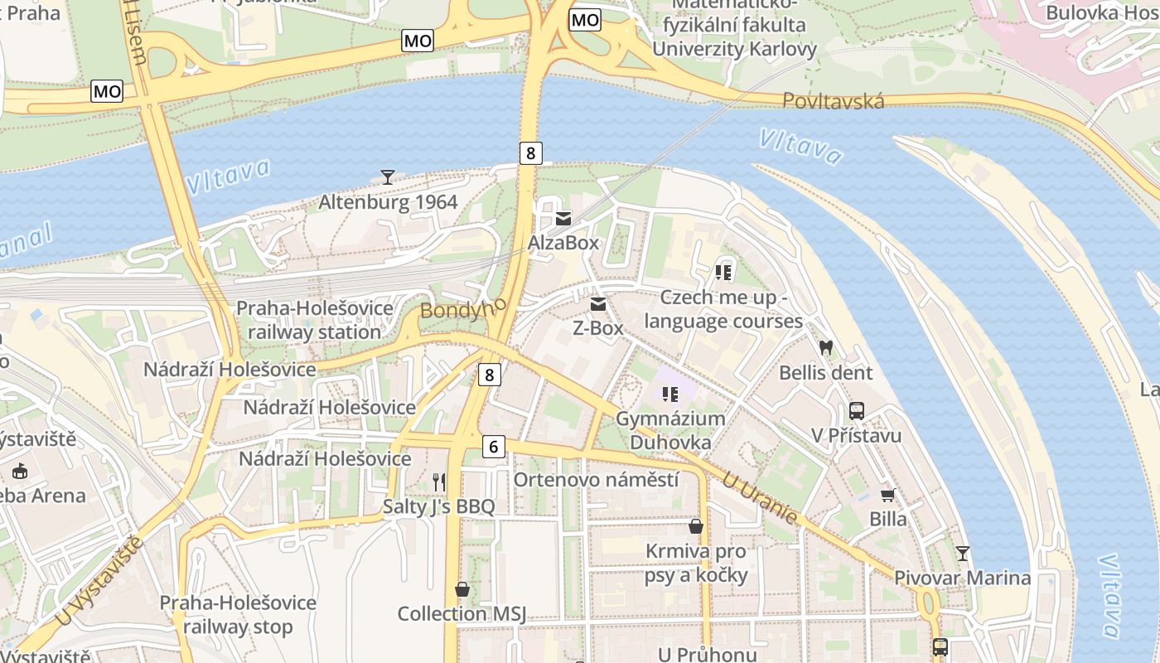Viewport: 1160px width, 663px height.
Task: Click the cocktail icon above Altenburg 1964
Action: click(387, 177)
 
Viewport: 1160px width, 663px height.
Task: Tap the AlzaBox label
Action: click(563, 243)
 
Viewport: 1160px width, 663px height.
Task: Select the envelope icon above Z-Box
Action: click(597, 304)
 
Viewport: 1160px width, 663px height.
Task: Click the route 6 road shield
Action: click(493, 447)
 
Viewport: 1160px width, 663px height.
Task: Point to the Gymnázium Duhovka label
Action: click(670, 430)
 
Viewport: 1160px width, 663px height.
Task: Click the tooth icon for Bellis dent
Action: click(825, 348)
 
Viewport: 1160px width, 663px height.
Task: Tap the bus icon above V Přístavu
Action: click(857, 410)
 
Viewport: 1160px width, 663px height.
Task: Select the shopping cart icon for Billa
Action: click(887, 495)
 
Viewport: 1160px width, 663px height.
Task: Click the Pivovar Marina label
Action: click(962, 578)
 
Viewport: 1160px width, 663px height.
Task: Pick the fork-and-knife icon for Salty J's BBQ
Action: click(439, 482)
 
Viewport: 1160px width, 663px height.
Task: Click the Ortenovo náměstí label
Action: click(596, 480)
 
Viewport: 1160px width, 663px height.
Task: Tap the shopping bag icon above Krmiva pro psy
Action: click(696, 526)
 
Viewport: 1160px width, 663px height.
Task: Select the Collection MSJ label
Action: click(462, 614)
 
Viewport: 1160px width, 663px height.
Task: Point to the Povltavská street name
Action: click(834, 101)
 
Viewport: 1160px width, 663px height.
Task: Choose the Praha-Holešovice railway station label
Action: click(315, 320)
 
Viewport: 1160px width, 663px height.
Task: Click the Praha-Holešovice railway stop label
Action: click(238, 615)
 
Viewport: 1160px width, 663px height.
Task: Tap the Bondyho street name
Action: click(463, 309)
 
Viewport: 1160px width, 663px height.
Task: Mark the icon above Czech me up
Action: click(723, 272)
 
